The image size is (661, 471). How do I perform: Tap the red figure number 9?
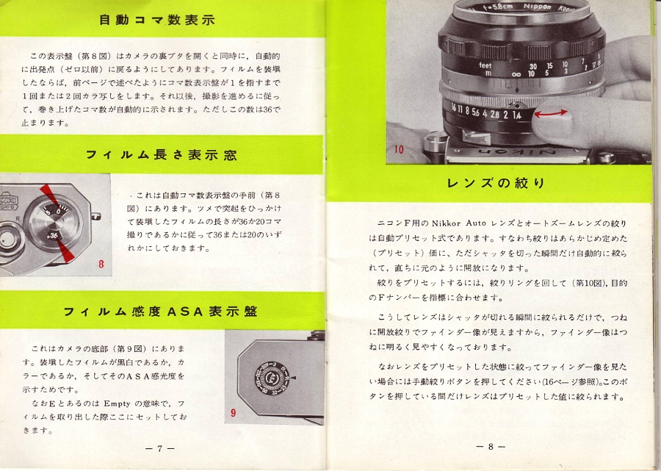233,413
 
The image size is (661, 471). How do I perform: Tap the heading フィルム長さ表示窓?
161,154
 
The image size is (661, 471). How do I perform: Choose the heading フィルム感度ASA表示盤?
160,311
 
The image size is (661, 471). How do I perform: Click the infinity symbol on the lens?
516,73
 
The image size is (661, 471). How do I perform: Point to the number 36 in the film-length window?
53,234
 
